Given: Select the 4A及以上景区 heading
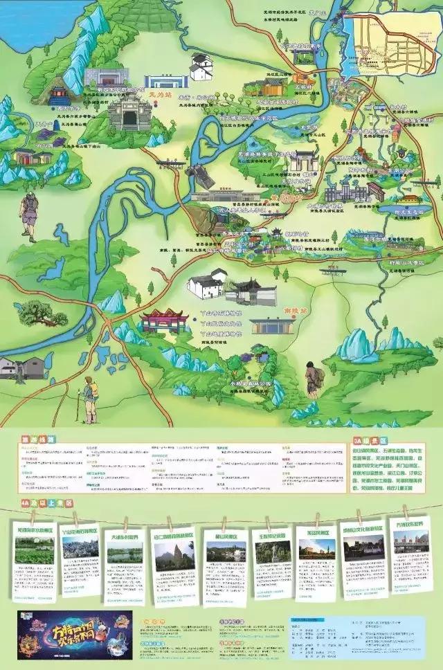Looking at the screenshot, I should click(x=44, y=503).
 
